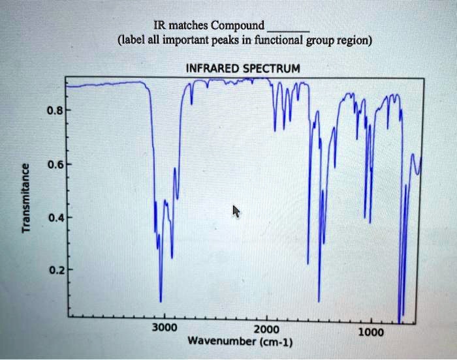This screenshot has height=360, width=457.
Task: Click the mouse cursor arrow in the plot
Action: [236, 211]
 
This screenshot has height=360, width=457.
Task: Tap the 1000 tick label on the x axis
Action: [371, 331]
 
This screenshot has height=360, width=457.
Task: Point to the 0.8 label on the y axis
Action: [54, 111]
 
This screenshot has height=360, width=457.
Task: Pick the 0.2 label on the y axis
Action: [54, 269]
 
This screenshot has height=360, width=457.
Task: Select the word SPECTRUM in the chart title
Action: [274, 68]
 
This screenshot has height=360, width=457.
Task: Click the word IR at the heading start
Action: [159, 26]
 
